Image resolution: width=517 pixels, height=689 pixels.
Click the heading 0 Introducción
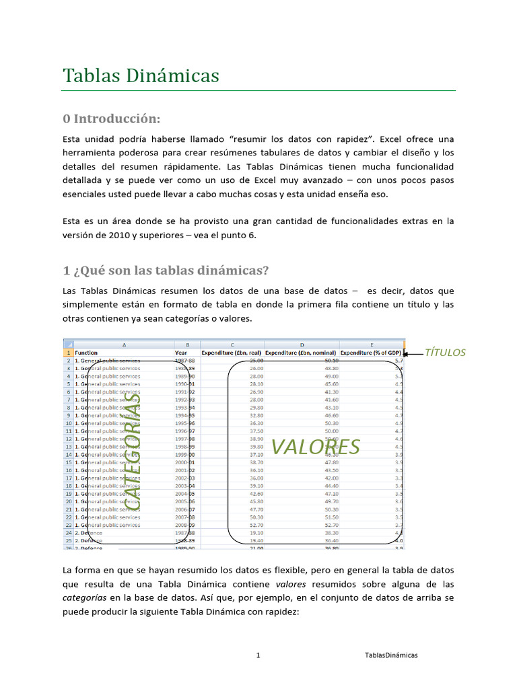click(111, 119)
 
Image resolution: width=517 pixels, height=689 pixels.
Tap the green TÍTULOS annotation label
click(446, 353)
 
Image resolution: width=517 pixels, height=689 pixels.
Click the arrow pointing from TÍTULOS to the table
click(413, 353)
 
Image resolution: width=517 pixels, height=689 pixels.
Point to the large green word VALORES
click(316, 446)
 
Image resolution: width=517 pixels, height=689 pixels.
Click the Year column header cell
click(182, 352)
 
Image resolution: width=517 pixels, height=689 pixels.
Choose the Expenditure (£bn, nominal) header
click(302, 352)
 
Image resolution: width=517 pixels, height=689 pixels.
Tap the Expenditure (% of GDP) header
click(371, 352)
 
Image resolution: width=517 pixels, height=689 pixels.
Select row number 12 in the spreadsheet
click(67, 439)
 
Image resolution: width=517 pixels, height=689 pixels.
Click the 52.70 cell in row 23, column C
click(256, 525)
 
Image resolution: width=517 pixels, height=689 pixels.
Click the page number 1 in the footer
click(258, 655)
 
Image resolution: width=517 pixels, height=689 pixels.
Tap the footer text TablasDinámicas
click(391, 655)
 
